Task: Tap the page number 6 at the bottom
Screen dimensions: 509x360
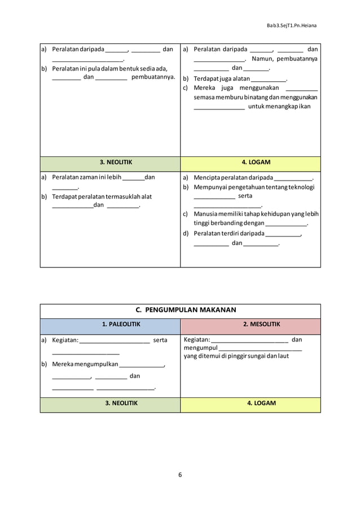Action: pos(180,474)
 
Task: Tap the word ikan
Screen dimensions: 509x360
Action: pos(305,106)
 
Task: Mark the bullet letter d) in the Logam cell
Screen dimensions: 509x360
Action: pos(186,233)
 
